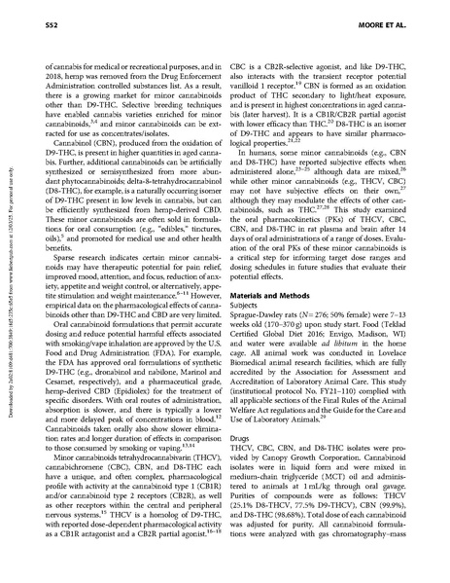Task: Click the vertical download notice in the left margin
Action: [x=9, y=291]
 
